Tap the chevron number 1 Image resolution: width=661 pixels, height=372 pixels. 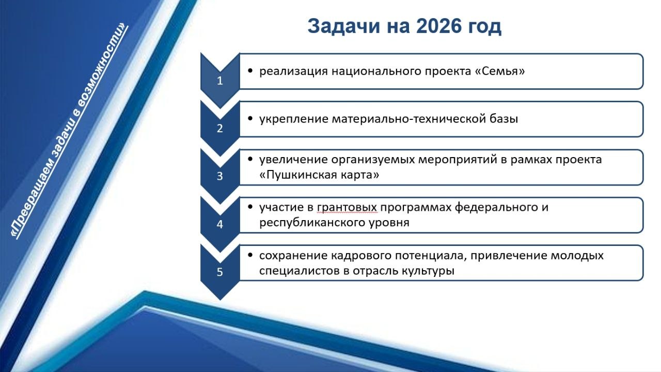[220, 81]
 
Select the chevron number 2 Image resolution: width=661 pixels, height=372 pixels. [220, 128]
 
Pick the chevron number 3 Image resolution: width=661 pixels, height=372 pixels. [220, 176]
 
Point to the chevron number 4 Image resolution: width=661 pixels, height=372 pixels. [220, 224]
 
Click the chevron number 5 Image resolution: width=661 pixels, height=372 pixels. [220, 272]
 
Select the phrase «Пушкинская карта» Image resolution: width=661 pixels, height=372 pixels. [320, 175]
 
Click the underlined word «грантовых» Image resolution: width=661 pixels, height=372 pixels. [347, 208]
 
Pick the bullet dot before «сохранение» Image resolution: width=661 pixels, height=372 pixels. [250, 255]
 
